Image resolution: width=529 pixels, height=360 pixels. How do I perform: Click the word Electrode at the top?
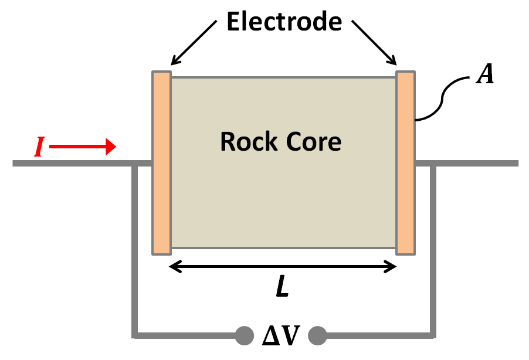[284, 22]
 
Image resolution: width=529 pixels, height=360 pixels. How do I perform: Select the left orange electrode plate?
[161, 163]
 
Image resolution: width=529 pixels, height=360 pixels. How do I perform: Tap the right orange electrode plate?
[405, 163]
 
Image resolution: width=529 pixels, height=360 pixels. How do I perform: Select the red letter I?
[39, 148]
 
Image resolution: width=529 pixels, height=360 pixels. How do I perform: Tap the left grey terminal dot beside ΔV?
[242, 335]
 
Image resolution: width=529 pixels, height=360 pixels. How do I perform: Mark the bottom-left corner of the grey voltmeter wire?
[135, 335]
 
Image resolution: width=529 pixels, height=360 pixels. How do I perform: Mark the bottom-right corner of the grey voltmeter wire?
[434, 335]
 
